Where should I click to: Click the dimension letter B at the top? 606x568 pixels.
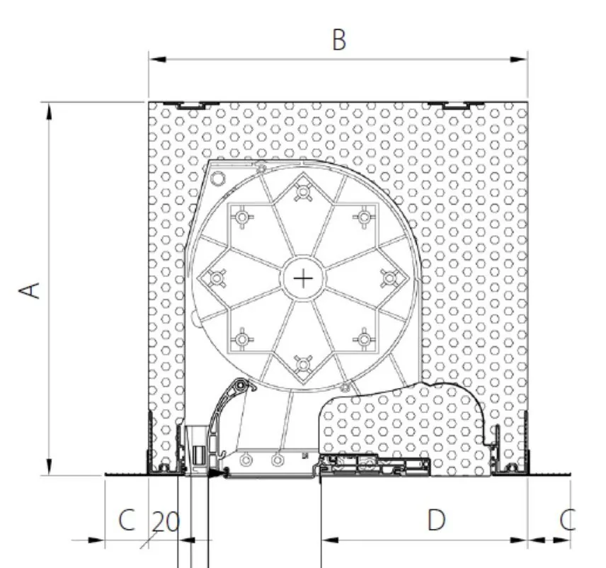(x=339, y=40)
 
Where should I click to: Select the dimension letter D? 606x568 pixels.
(x=436, y=520)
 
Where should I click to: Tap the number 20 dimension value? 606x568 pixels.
(x=166, y=522)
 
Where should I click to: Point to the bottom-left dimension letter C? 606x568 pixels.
(x=127, y=520)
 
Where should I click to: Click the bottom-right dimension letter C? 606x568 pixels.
(x=568, y=520)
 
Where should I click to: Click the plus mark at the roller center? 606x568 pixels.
(x=304, y=278)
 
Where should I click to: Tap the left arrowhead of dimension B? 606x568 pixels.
(x=158, y=59)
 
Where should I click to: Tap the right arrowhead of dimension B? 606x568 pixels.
(x=519, y=59)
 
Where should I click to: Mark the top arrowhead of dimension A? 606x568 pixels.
(x=49, y=112)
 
